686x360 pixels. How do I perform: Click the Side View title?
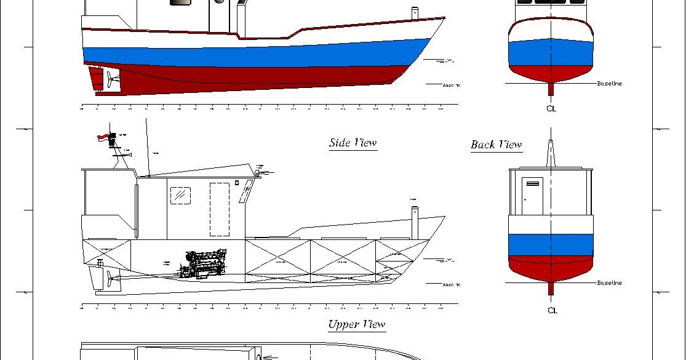pyautogui.click(x=353, y=143)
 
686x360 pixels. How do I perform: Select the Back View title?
pyautogui.click(x=497, y=145)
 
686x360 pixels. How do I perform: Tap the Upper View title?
pyautogui.click(x=356, y=324)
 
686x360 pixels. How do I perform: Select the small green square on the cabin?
pyautogui.click(x=237, y=182)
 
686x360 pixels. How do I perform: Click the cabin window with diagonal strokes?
pyautogui.click(x=180, y=195)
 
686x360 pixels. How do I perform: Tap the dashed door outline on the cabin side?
pyautogui.click(x=219, y=209)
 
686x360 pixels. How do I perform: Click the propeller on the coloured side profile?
pyautogui.click(x=110, y=78)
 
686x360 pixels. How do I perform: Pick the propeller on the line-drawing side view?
pyautogui.click(x=110, y=281)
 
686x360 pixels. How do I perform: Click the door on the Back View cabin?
pyautogui.click(x=532, y=196)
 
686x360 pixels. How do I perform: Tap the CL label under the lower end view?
pyautogui.click(x=552, y=310)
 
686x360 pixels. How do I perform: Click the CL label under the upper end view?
pyautogui.click(x=551, y=108)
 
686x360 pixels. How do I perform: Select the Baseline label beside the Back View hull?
pyautogui.click(x=609, y=283)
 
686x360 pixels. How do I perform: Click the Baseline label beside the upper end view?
pyautogui.click(x=609, y=84)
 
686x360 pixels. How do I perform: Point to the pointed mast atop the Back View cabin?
pyautogui.click(x=551, y=154)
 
